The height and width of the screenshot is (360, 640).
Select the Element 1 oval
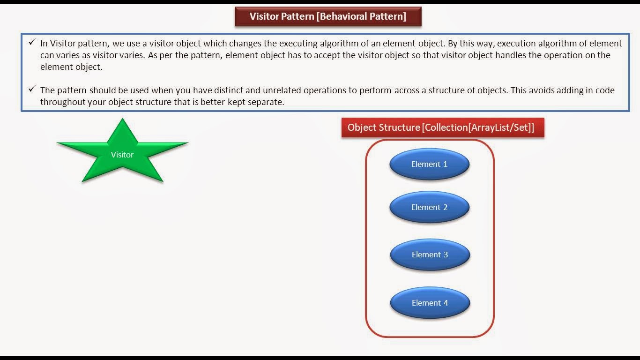(429, 164)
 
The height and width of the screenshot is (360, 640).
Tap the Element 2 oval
(429, 207)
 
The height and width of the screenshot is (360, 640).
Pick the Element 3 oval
(430, 255)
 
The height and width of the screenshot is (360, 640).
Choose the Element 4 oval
(430, 303)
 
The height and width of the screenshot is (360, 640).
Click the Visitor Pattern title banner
(327, 16)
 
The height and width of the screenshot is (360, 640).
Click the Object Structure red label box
(442, 127)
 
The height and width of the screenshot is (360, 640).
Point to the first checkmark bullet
(32, 43)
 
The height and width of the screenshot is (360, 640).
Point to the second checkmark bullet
(32, 89)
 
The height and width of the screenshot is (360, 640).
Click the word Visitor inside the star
(122, 155)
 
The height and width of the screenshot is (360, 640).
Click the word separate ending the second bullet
(267, 102)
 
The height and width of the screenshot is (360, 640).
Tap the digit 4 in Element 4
(446, 303)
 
